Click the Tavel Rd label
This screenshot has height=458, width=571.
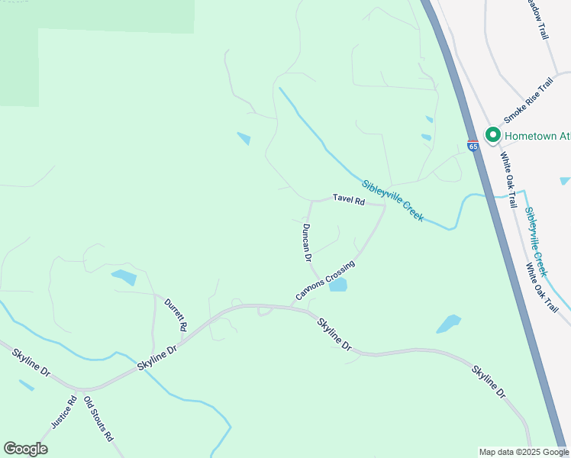pos(349,198)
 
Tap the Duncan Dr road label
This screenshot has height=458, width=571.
pos(306,243)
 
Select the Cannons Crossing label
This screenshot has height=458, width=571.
pos(325,281)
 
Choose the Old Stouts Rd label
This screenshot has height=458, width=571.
pos(98,420)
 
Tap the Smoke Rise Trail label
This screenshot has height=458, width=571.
pos(527,101)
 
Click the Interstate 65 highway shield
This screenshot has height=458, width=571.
pos(473,145)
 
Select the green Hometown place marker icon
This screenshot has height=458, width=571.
pos(492,136)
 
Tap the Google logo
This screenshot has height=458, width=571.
pos(25,449)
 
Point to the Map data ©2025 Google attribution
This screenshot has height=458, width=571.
pos(524,452)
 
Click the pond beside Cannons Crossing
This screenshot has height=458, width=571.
pos(337,285)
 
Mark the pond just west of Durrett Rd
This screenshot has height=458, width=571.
pos(123,277)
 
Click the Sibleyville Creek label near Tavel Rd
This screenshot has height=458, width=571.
pos(392,200)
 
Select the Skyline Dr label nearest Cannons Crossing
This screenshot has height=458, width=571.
pos(335,334)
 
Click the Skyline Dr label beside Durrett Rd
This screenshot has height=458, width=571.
pos(157,357)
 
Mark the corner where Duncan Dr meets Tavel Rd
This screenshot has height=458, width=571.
pos(311,202)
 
